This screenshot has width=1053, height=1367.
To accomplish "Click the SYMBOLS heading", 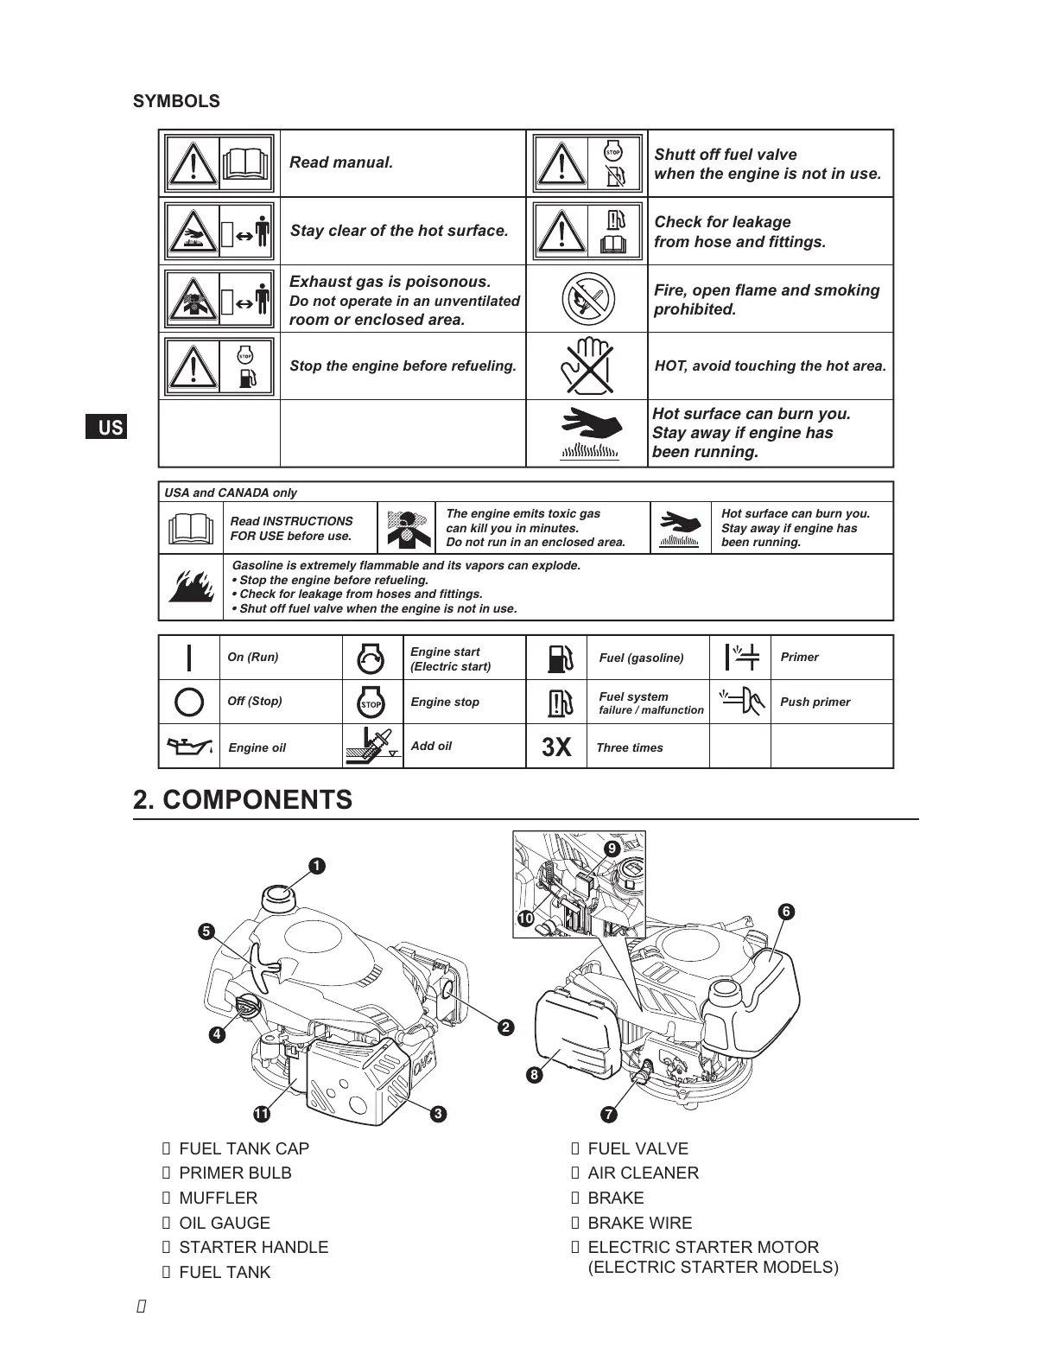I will pos(176,101).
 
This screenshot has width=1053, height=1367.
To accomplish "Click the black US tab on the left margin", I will pos(106,427).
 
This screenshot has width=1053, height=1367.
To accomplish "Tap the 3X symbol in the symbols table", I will pos(556,747).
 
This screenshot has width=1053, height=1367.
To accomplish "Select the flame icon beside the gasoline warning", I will pos(191,587).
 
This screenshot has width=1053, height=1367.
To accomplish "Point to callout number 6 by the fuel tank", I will pos(785,912).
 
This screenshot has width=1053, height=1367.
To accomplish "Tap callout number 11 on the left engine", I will pos(260,1114).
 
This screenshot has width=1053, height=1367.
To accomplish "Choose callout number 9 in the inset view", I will pos(612,849).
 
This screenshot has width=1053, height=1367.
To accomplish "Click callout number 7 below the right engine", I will pos(609,1114).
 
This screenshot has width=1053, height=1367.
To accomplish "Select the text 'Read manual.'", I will pos(341,162).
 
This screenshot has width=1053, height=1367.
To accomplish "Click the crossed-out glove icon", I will pos(587,366).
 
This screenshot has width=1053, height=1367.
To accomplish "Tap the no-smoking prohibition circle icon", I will pos(587,299).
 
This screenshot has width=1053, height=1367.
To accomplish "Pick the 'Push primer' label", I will pos(815,702).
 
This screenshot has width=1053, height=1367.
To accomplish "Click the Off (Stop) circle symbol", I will pos(189,701).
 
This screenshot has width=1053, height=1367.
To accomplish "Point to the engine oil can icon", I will pos(189,747).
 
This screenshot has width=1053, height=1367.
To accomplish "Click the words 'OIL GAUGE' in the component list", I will pos(225,1223).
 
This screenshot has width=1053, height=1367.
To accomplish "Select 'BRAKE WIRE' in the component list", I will pos(639,1223).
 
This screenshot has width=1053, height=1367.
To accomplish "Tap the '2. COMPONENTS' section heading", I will pos(243,799).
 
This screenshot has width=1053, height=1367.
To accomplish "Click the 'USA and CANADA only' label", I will pos(231,493).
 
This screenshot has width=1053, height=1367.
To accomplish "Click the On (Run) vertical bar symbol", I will pos(189,657).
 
